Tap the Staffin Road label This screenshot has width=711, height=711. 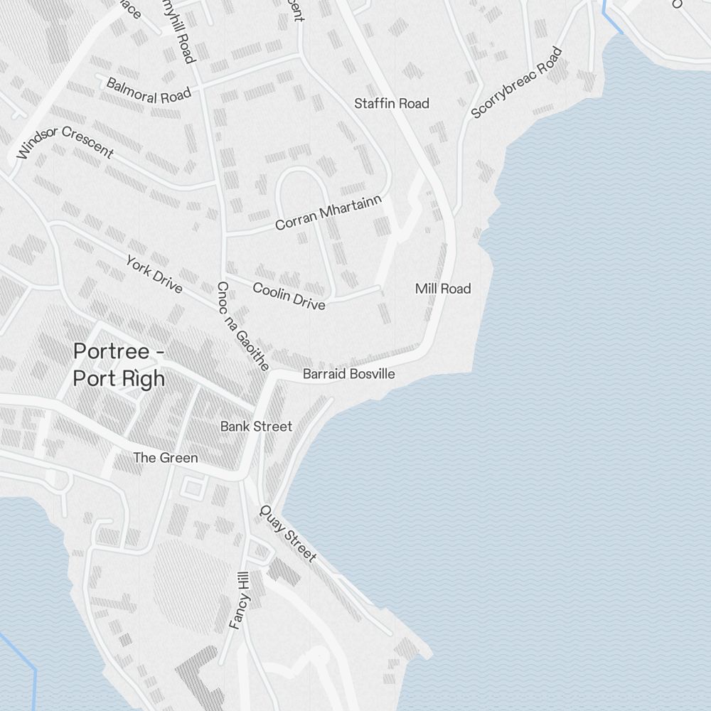click(x=392, y=104)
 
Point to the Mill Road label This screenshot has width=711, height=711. click(x=443, y=289)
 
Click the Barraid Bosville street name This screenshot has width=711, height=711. click(x=348, y=374)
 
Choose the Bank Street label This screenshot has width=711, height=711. click(x=256, y=427)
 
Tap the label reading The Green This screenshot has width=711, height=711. click(x=166, y=458)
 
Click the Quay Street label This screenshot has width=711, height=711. click(x=288, y=533)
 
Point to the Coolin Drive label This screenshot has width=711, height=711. click(x=289, y=296)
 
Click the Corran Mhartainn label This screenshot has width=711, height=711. click(x=328, y=213)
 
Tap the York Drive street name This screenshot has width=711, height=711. click(x=154, y=274)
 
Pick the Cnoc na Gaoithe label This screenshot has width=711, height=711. click(x=242, y=326)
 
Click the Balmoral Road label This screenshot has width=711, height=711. click(x=149, y=90)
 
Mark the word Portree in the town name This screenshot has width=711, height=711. click(x=111, y=351)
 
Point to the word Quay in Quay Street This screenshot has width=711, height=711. click(x=274, y=519)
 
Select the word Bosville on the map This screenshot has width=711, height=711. click(x=369, y=374)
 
